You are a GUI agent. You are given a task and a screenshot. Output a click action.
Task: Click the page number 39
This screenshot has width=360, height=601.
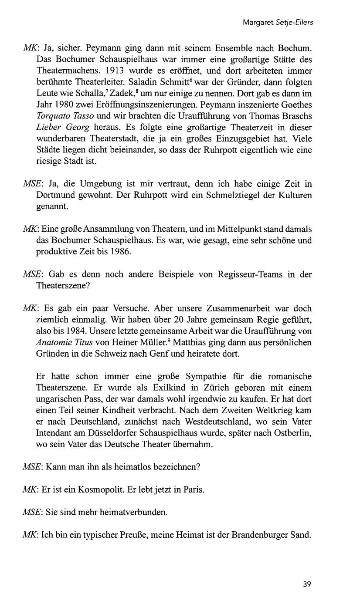pyautogui.click(x=307, y=584)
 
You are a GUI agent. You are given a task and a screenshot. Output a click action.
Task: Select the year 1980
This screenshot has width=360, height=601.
pyautogui.click(x=62, y=105)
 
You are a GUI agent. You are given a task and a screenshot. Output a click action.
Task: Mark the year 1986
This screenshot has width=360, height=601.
pyautogui.click(x=120, y=252)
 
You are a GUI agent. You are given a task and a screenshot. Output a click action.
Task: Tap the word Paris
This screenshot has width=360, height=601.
pyautogui.click(x=194, y=489)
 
